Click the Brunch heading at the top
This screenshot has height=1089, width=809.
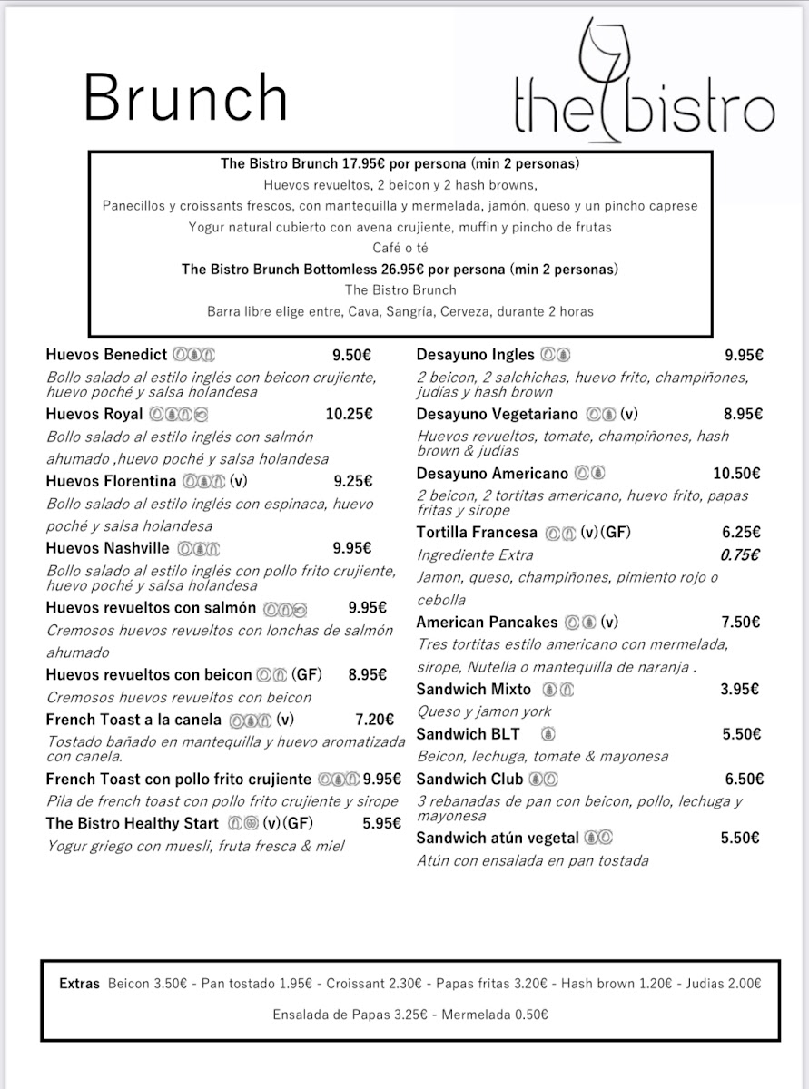[x=185, y=98]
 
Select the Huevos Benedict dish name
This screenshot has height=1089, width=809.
[x=106, y=355]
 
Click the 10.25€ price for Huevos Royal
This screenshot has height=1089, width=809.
[x=350, y=415]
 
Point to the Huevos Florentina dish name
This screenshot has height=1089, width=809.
[x=111, y=481]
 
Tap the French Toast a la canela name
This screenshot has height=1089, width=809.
[x=133, y=720]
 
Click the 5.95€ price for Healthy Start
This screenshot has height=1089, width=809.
[x=381, y=824]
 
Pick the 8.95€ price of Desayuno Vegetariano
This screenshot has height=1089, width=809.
[x=744, y=415]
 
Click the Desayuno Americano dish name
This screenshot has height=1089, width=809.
[x=492, y=474]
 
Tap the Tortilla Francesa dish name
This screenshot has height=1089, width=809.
[x=477, y=533]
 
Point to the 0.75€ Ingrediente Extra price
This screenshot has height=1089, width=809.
[x=740, y=555]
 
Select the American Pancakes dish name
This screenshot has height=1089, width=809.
[x=487, y=623]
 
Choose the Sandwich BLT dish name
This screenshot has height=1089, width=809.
[x=468, y=734]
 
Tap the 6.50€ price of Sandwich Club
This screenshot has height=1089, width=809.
[x=744, y=780]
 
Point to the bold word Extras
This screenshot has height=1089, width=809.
[x=79, y=984]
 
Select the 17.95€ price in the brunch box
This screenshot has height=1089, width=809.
[x=363, y=164]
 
